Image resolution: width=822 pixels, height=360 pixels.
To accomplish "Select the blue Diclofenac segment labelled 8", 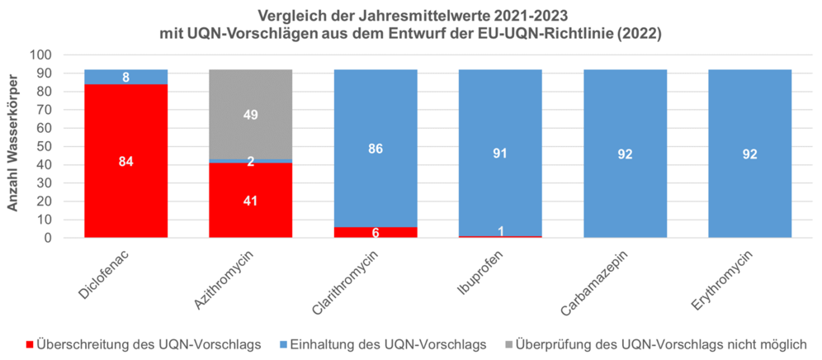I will pyautogui.click(x=126, y=77).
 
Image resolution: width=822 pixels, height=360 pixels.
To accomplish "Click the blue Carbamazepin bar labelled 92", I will pyautogui.click(x=625, y=154).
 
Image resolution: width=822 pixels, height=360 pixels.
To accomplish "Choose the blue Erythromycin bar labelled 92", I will pyautogui.click(x=749, y=154).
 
